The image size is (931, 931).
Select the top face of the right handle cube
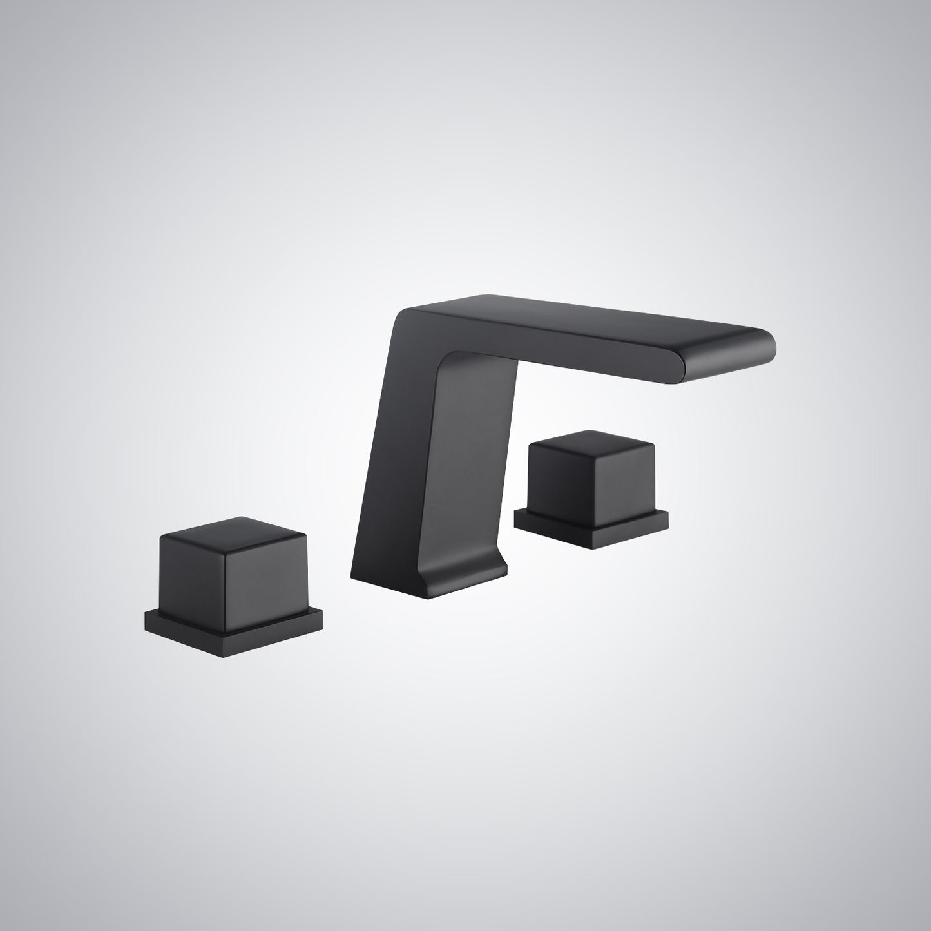pyautogui.click(x=591, y=441)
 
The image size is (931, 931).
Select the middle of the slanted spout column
pyautogui.click(x=412, y=451)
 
